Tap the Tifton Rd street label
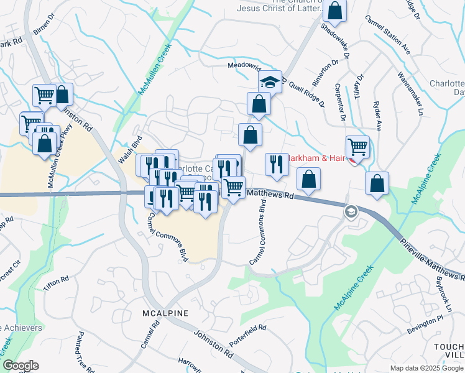[x=56, y=283]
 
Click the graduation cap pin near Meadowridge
[x=270, y=82]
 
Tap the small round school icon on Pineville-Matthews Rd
[x=351, y=213]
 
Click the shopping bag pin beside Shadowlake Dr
[x=334, y=11]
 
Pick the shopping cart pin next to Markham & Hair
[x=357, y=147]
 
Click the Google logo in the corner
[x=21, y=366]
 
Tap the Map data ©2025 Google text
[x=426, y=368]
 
